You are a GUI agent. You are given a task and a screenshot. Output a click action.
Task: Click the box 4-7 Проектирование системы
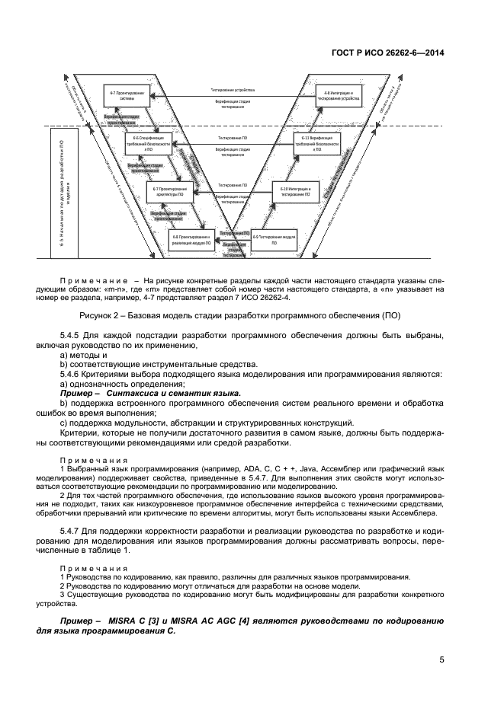(x=127, y=95)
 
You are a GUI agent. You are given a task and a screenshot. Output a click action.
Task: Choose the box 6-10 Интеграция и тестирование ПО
(x=294, y=192)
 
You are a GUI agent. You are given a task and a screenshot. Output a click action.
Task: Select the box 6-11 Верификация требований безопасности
(x=316, y=144)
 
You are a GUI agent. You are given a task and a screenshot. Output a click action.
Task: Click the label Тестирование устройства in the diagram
(x=233, y=90)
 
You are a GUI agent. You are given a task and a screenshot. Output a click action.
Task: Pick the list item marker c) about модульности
(x=63, y=422)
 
